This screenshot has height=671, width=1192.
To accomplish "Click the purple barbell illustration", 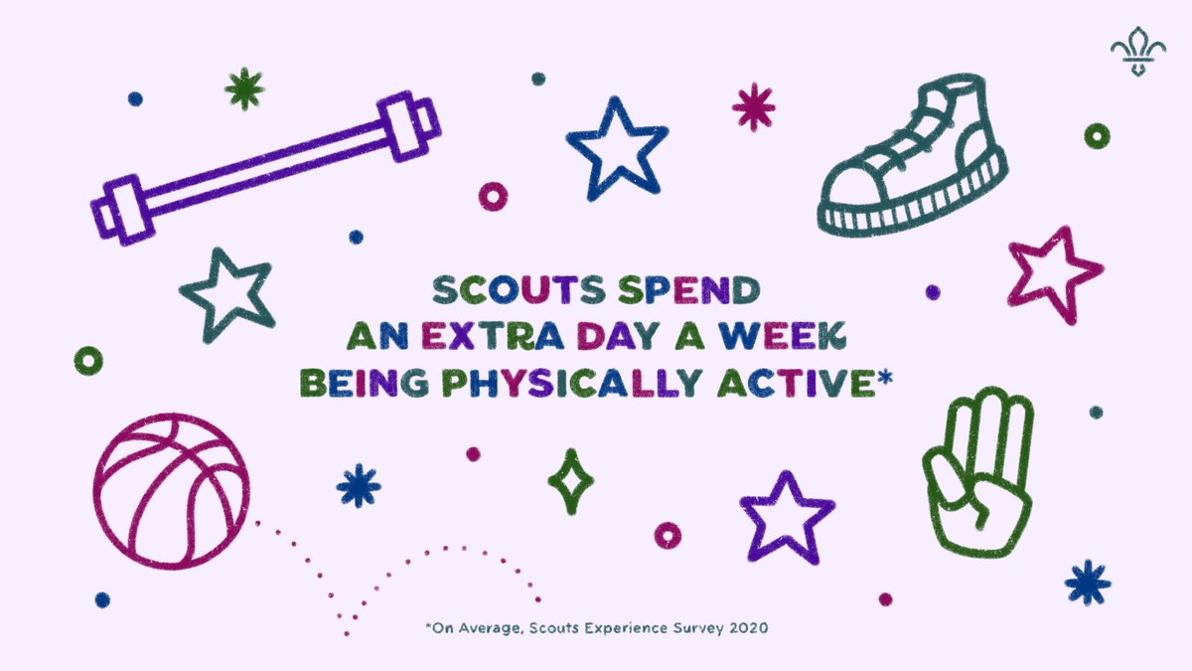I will click(x=266, y=168).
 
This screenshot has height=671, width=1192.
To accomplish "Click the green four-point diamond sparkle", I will click(x=571, y=481).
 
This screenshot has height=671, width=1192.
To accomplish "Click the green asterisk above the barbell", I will click(x=243, y=89).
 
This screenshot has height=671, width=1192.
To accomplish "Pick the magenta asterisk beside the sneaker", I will click(x=753, y=106).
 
